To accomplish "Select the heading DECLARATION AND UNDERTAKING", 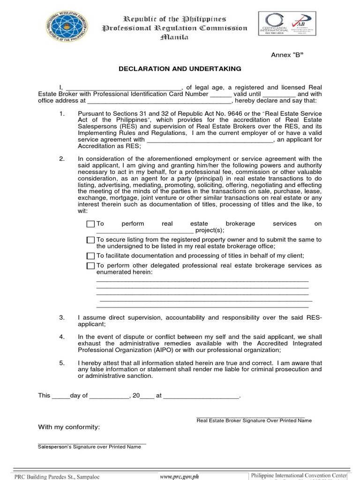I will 180,69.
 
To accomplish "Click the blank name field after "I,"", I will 123,87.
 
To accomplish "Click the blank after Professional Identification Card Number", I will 220,94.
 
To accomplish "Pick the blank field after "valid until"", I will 277,94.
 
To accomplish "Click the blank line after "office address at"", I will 159,100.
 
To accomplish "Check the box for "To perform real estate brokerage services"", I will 90,224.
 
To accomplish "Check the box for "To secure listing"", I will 90,240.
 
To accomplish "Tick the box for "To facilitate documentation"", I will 90,256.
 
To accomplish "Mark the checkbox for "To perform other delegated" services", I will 90,266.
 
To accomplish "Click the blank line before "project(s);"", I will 144,231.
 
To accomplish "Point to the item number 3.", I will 61,318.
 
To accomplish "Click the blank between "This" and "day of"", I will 60,396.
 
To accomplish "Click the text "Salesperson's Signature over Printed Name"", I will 89,447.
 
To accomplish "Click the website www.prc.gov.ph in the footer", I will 179,476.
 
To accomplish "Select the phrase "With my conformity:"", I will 68,427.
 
